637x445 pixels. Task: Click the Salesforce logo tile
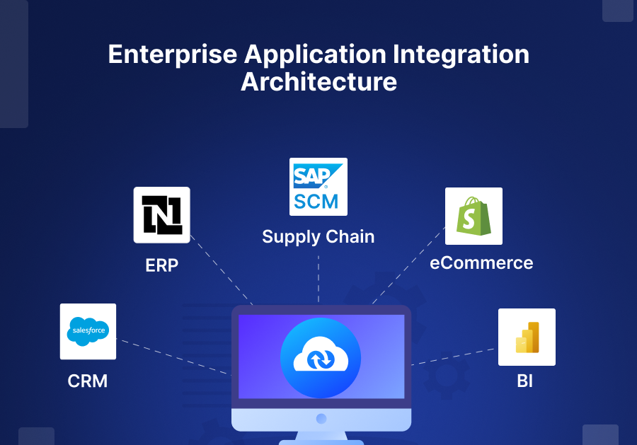click(88, 331)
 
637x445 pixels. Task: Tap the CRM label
click(88, 381)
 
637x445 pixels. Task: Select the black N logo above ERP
click(162, 215)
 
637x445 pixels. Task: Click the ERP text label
click(162, 265)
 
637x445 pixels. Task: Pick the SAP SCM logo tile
click(318, 186)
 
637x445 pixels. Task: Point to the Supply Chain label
click(318, 236)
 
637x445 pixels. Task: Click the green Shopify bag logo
click(474, 216)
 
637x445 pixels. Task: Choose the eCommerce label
click(481, 263)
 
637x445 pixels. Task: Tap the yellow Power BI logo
click(527, 337)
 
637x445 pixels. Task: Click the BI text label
click(524, 381)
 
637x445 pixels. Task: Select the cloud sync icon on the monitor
click(321, 357)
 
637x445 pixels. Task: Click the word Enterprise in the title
click(173, 55)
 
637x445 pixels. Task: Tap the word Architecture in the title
click(318, 82)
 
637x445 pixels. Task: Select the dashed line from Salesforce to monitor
click(173, 357)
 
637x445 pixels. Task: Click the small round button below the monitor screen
click(321, 419)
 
